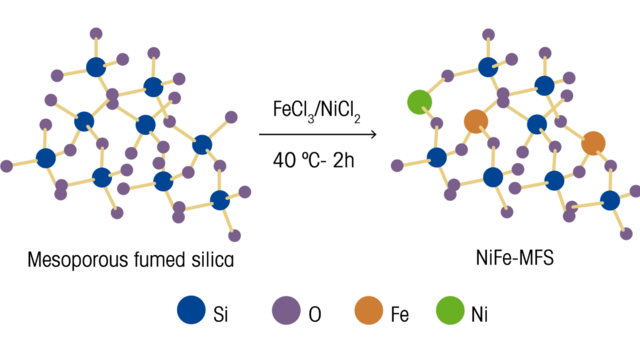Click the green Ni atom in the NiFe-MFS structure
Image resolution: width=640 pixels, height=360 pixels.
[x=419, y=101]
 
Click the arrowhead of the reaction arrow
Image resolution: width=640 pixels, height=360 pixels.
[x=372, y=134]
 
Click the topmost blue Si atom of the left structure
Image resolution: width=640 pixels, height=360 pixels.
[x=95, y=67]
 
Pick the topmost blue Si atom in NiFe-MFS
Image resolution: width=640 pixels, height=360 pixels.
[x=487, y=67]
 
